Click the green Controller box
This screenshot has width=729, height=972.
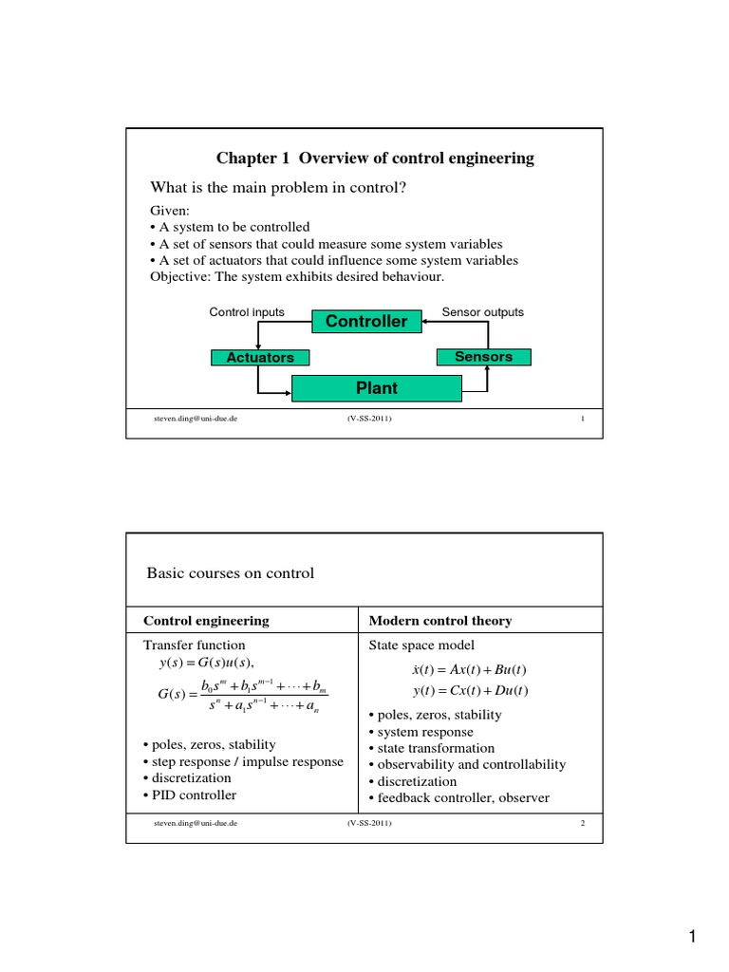pos(366,322)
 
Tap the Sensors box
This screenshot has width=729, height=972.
pos(483,357)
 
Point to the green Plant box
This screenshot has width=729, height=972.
pos(376,388)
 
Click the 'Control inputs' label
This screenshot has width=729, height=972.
pos(247,312)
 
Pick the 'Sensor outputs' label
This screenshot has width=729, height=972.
pos(482,312)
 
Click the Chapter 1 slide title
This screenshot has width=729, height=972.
pos(375,159)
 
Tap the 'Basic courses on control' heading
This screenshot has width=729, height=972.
pos(230,573)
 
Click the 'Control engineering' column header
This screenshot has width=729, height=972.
pos(206,621)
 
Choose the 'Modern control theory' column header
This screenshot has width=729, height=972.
pos(439,621)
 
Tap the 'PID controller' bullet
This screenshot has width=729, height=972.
pos(190,795)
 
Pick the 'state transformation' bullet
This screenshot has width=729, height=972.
pos(432,748)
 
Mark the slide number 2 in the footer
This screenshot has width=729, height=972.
pos(583,823)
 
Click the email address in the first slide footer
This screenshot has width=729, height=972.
pos(195,419)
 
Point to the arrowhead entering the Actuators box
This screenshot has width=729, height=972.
pos(258,346)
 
